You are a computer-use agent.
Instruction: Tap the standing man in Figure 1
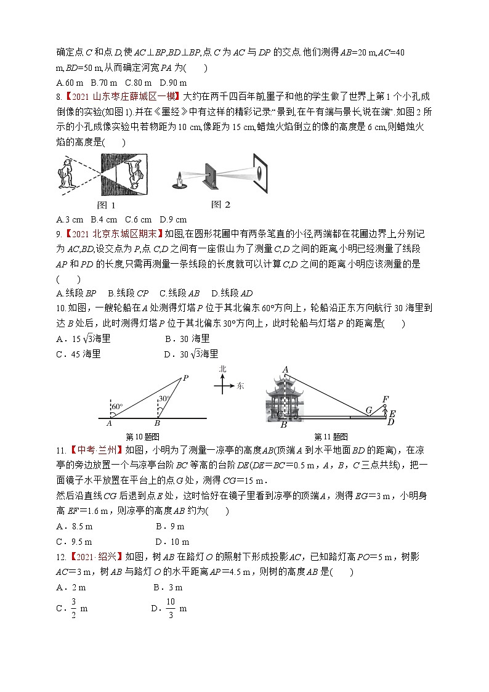[x=67, y=173]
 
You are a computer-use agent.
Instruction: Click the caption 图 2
[x=220, y=205]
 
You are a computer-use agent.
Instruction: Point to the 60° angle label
[x=117, y=406]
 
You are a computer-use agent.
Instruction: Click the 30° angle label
[x=163, y=399]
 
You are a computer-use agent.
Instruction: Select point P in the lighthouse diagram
[x=185, y=378]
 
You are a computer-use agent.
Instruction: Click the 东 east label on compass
[x=240, y=386]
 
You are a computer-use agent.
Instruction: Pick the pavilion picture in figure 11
[x=286, y=400]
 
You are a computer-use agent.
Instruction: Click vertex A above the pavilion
[x=285, y=370]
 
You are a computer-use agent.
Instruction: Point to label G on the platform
[x=369, y=410]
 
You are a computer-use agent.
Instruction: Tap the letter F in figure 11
[x=386, y=399]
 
